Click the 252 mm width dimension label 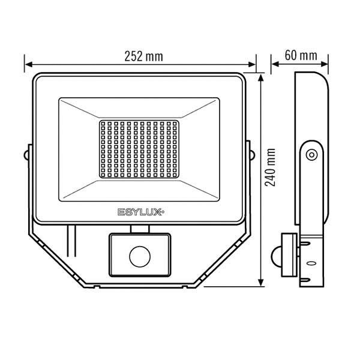coord(144,56)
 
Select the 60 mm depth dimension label coord(301,56)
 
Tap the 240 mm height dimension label coord(270,167)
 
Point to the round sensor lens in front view coord(140,257)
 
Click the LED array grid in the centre coord(139,149)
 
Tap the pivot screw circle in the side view coord(312,155)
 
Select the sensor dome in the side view coord(277,256)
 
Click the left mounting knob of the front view coord(26,155)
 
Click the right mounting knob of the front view coord(253,155)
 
